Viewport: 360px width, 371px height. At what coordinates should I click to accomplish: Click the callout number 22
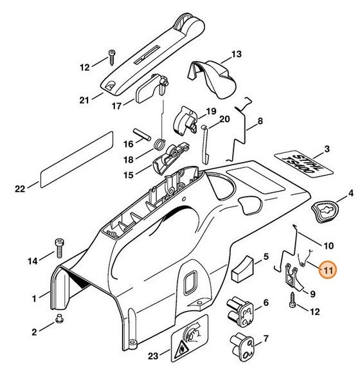20,189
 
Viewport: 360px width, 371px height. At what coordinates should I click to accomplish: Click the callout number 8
260,122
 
